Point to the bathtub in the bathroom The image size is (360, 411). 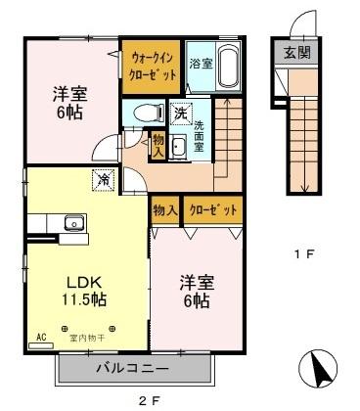click(228, 67)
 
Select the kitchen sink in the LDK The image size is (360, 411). click(73, 222)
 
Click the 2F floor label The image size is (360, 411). click(147, 400)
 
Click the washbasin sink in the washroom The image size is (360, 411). click(180, 146)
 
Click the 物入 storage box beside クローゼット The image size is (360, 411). click(164, 209)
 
